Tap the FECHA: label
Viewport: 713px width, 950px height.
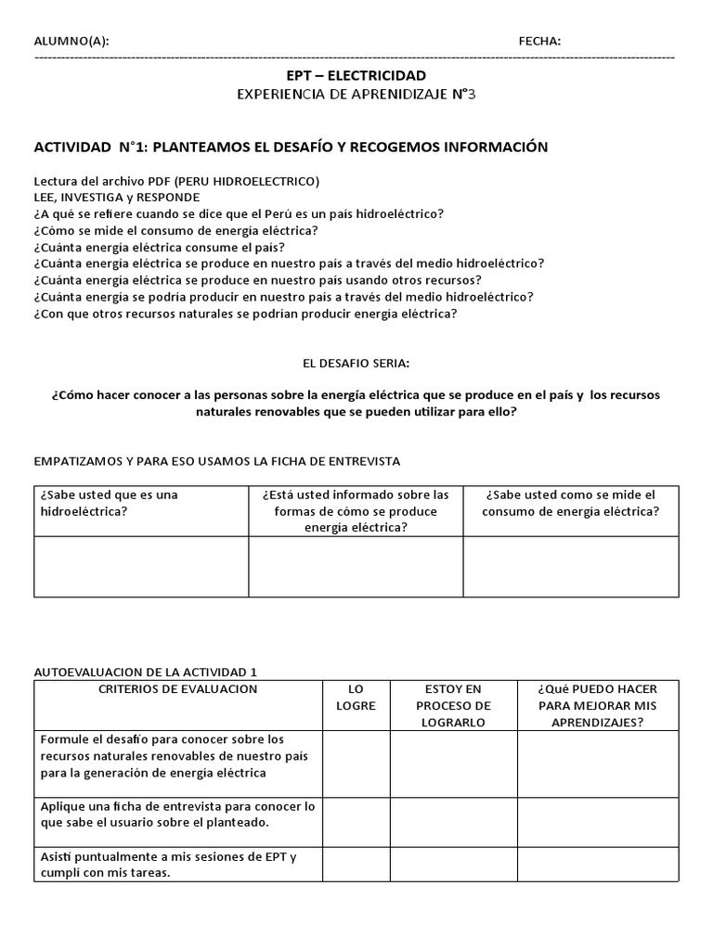click(539, 41)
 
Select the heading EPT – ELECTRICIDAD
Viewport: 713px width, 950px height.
click(356, 74)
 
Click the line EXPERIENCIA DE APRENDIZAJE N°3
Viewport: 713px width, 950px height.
click(356, 95)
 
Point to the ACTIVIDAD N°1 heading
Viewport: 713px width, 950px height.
click(291, 147)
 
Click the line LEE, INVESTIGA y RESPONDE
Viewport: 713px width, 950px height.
click(117, 197)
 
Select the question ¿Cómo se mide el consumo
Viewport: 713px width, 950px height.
click(175, 230)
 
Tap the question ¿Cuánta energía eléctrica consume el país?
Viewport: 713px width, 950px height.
click(159, 247)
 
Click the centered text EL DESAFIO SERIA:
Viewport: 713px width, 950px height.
click(356, 362)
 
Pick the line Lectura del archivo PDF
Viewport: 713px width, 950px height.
click(176, 180)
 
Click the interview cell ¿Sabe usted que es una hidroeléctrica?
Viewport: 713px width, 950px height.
click(141, 503)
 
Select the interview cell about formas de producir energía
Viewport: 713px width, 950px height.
click(356, 510)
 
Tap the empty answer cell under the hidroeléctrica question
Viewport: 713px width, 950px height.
click(141, 566)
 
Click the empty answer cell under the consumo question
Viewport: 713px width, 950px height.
click(571, 566)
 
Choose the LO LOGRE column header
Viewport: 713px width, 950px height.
click(356, 698)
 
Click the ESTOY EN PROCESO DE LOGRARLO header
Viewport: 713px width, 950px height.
click(453, 706)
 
